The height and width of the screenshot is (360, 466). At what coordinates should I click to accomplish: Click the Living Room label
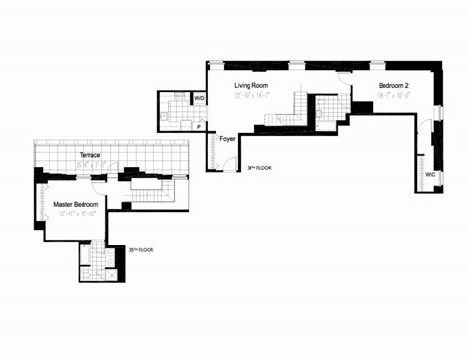[250, 86]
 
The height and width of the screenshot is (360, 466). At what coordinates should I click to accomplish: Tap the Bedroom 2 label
[393, 86]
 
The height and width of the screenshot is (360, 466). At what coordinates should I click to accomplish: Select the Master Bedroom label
[76, 204]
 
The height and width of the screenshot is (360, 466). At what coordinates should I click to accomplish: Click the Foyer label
[228, 139]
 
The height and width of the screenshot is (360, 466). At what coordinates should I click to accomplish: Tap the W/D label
[199, 99]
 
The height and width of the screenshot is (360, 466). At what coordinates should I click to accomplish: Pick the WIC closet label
[429, 174]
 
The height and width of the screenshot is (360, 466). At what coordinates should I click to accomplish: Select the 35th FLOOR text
[142, 250]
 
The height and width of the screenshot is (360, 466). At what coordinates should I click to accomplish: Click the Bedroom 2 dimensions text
[393, 96]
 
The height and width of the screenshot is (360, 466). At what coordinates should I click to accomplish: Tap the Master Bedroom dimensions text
[76, 213]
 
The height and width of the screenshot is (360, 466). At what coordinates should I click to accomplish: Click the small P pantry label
[198, 127]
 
